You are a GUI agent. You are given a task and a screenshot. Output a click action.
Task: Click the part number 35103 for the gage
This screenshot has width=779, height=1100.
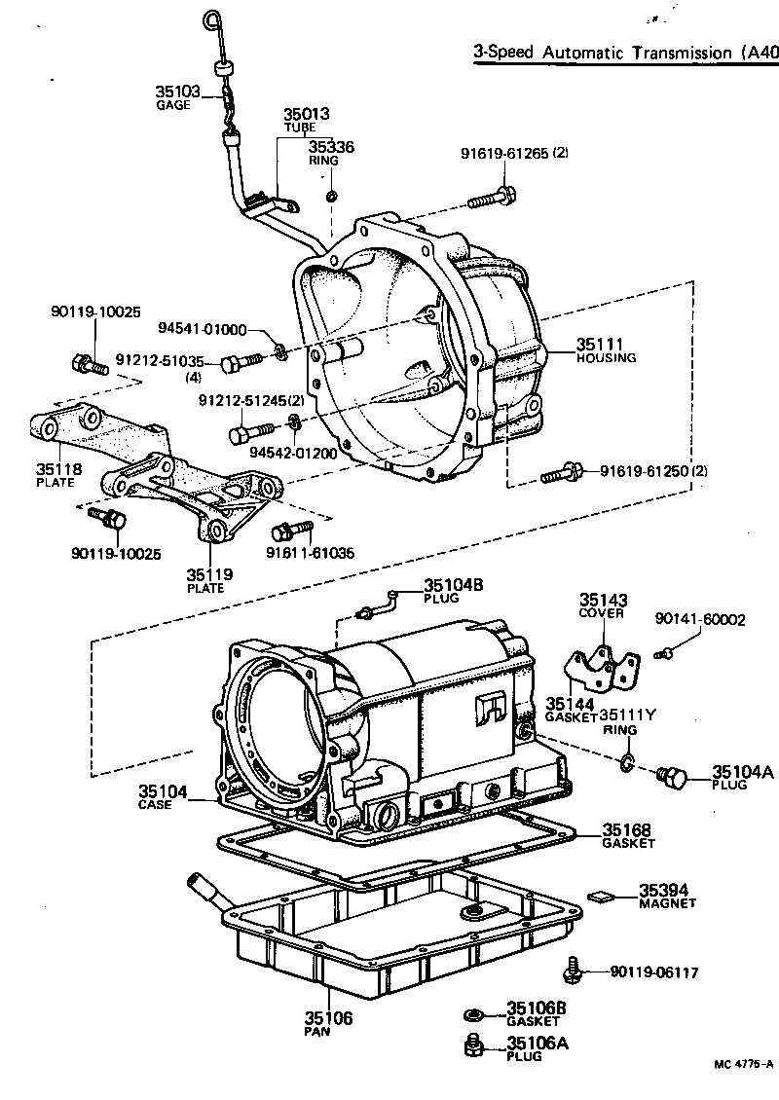point(177,92)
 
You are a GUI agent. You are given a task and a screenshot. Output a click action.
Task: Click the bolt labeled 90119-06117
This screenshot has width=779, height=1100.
point(573,970)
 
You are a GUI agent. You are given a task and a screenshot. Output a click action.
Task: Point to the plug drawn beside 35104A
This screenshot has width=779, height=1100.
point(672,777)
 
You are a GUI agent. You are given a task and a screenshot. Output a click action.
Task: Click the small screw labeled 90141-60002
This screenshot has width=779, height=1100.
point(665,653)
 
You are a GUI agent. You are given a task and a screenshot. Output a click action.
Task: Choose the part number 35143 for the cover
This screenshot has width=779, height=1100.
point(604,601)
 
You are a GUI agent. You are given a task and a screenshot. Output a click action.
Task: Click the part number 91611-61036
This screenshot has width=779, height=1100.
point(310,553)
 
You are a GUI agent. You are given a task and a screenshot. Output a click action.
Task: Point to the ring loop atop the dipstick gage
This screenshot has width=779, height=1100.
point(212,19)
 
